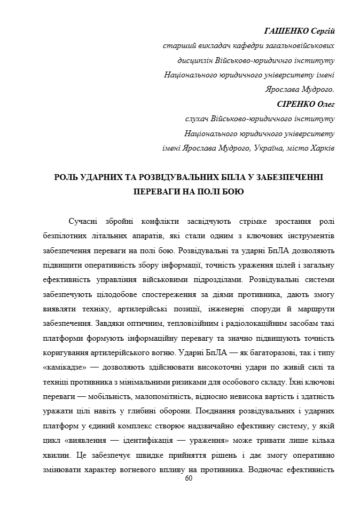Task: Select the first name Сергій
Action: coord(323,32)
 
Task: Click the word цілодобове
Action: coord(118,294)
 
